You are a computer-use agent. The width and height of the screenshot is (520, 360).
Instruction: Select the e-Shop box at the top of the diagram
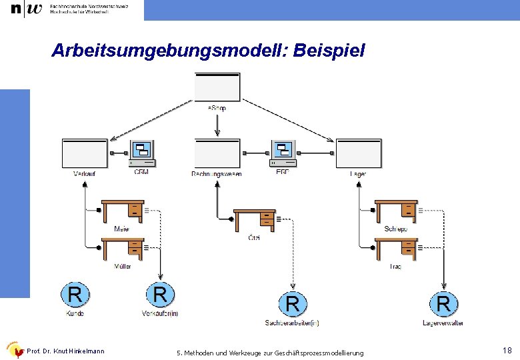tap(217, 87)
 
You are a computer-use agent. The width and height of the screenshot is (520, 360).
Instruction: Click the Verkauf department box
tap(84, 154)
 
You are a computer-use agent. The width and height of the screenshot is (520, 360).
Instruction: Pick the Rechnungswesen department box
tap(217, 154)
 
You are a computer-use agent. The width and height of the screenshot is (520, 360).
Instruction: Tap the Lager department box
tap(358, 154)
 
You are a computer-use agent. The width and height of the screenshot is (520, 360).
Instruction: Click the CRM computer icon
tap(142, 153)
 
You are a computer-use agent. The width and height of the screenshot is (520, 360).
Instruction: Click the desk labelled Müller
tap(122, 249)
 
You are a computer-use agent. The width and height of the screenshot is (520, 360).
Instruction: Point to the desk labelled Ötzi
tap(254, 219)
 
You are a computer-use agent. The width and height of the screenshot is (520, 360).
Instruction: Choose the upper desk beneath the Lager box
tap(396, 211)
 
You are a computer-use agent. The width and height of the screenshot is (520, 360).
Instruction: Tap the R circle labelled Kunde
tap(75, 294)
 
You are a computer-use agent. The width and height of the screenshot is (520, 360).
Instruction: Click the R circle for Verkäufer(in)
tap(160, 294)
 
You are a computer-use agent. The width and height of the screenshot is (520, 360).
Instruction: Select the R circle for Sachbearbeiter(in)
tap(292, 304)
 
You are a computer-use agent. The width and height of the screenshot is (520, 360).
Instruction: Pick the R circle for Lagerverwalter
tap(443, 304)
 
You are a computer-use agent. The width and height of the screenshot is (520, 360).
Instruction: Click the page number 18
tap(507, 350)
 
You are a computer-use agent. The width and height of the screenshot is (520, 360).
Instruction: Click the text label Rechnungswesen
tap(217, 174)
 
